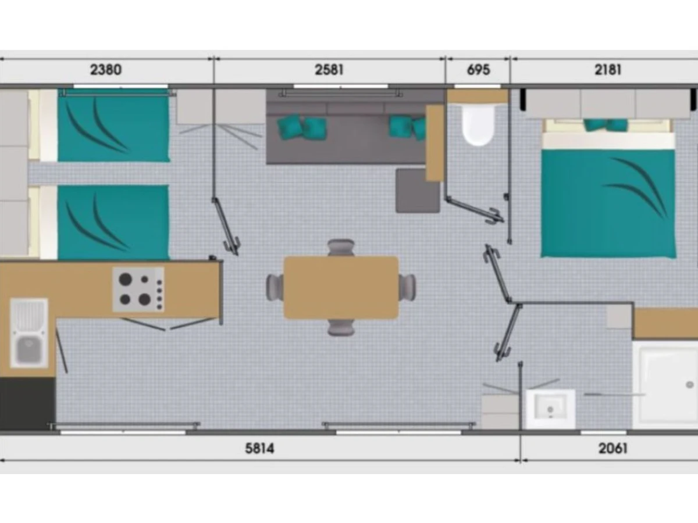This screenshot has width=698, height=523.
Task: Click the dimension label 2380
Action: point(106,70)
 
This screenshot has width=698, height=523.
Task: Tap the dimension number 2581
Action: point(329,70)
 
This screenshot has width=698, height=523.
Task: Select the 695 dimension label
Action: point(478,70)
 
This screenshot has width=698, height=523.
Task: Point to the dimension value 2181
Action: point(608,70)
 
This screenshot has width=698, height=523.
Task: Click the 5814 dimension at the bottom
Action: point(259,449)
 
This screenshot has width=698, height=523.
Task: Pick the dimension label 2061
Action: point(612,449)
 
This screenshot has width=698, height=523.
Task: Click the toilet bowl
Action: point(479,126)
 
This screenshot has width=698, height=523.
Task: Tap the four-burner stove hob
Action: point(138,289)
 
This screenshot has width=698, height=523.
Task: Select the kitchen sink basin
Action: point(29,333)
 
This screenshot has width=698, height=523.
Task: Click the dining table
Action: point(341,288)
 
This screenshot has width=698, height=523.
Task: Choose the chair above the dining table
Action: point(341,248)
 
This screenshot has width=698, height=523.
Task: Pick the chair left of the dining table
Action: point(275,288)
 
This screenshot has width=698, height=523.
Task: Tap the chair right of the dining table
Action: point(407,288)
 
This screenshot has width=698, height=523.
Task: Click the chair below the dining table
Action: point(341,327)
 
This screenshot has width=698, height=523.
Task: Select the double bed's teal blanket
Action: point(608,204)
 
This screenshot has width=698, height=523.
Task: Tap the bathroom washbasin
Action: point(550,409)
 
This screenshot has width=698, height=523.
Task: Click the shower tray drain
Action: point(690,385)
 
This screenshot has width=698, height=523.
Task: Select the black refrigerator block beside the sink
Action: point(28,404)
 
